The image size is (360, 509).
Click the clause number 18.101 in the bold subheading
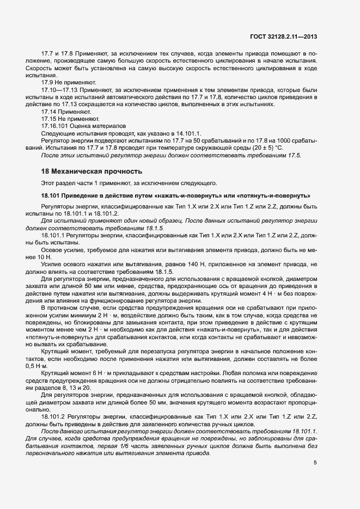point(52,195)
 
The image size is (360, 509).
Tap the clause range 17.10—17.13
point(59,89)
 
